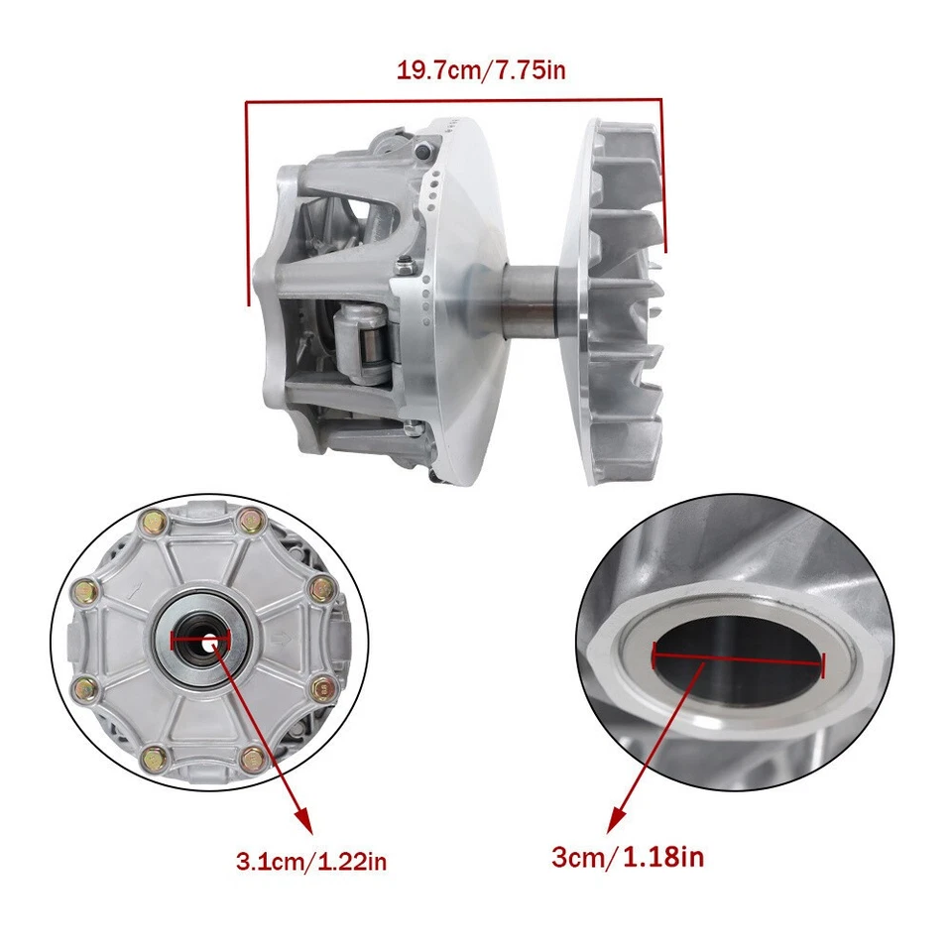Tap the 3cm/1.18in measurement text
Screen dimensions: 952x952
tap(627, 856)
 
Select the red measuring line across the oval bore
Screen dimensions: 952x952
tap(738, 658)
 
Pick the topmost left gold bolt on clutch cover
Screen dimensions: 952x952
tap(156, 519)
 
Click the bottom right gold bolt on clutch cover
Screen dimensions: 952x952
tap(253, 761)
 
